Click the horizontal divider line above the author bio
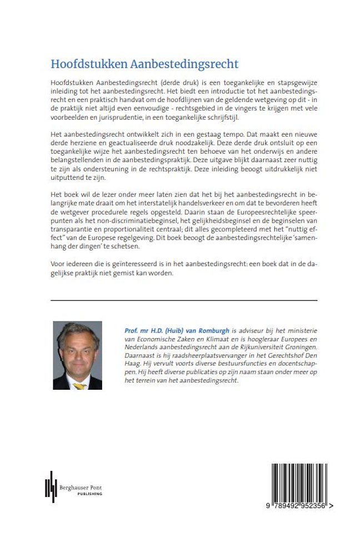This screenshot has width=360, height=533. pyautogui.click(x=183, y=300)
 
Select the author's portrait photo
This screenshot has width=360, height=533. pyautogui.click(x=78, y=355)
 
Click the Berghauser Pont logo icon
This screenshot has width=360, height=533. pyautogui.click(x=51, y=487)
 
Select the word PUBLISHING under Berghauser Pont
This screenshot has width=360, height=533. pyautogui.click(x=89, y=494)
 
